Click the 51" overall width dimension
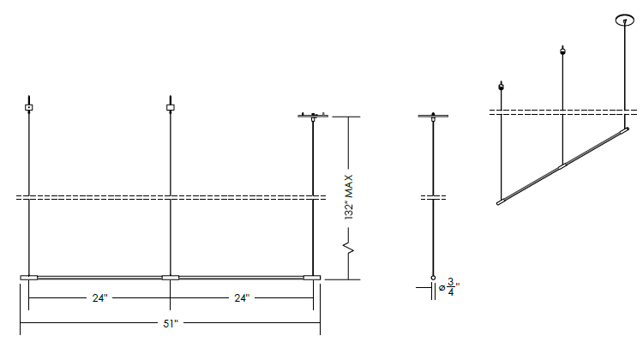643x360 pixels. tap(171, 323)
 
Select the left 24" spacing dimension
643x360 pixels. tap(99, 298)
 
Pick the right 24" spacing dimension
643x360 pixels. tap(242, 298)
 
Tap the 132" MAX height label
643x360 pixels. tap(349, 197)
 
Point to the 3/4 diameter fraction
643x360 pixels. tap(451, 286)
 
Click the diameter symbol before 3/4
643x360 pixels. tap(442, 288)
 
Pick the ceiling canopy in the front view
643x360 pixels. tap(313, 116)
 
